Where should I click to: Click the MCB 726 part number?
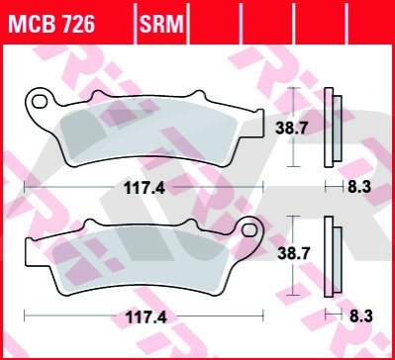tap(51, 24)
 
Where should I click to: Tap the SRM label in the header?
tap(161, 24)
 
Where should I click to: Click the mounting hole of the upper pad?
tap(40, 101)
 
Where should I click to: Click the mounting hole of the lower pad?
tap(248, 230)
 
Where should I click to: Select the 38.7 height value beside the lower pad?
tap(289, 254)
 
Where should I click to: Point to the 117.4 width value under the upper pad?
tap(145, 189)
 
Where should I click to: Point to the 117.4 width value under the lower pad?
tap(146, 317)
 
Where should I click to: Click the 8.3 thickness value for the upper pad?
tap(359, 188)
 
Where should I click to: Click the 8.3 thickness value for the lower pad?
tap(360, 316)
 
